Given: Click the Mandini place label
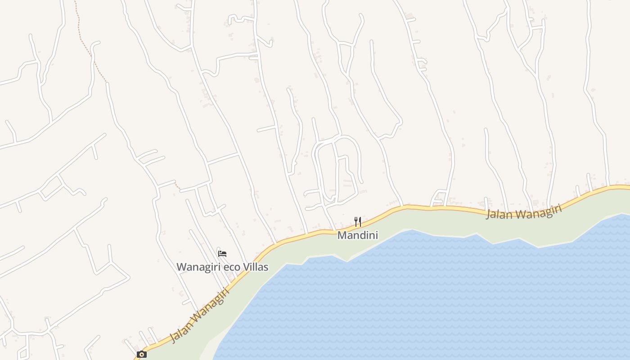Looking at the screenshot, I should (358, 235).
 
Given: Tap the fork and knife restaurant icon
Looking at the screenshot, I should (358, 221).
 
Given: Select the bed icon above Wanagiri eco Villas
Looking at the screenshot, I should (222, 253).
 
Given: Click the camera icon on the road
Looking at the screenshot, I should (141, 355).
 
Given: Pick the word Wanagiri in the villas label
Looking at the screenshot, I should (198, 267).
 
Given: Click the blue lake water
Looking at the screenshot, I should (427, 297).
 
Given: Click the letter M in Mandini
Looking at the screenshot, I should (341, 235).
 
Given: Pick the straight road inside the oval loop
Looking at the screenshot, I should (336, 166).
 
